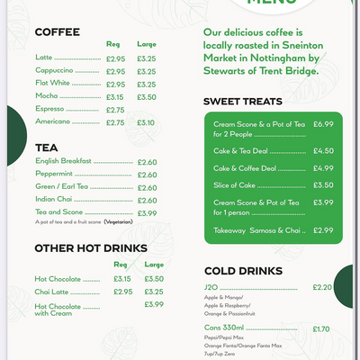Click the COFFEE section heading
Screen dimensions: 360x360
(57, 32)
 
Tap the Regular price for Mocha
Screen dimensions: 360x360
(115, 96)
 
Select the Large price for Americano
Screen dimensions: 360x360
(146, 122)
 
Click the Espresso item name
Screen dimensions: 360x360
(49, 109)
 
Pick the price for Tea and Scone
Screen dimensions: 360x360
(147, 213)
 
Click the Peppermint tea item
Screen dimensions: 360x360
(53, 174)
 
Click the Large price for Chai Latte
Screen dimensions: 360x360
(154, 292)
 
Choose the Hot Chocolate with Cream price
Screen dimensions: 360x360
(154, 304)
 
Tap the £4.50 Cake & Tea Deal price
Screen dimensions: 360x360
(323, 151)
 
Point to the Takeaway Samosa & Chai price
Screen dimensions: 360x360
(323, 230)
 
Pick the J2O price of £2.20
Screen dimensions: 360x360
(322, 287)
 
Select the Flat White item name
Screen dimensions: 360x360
(52, 83)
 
